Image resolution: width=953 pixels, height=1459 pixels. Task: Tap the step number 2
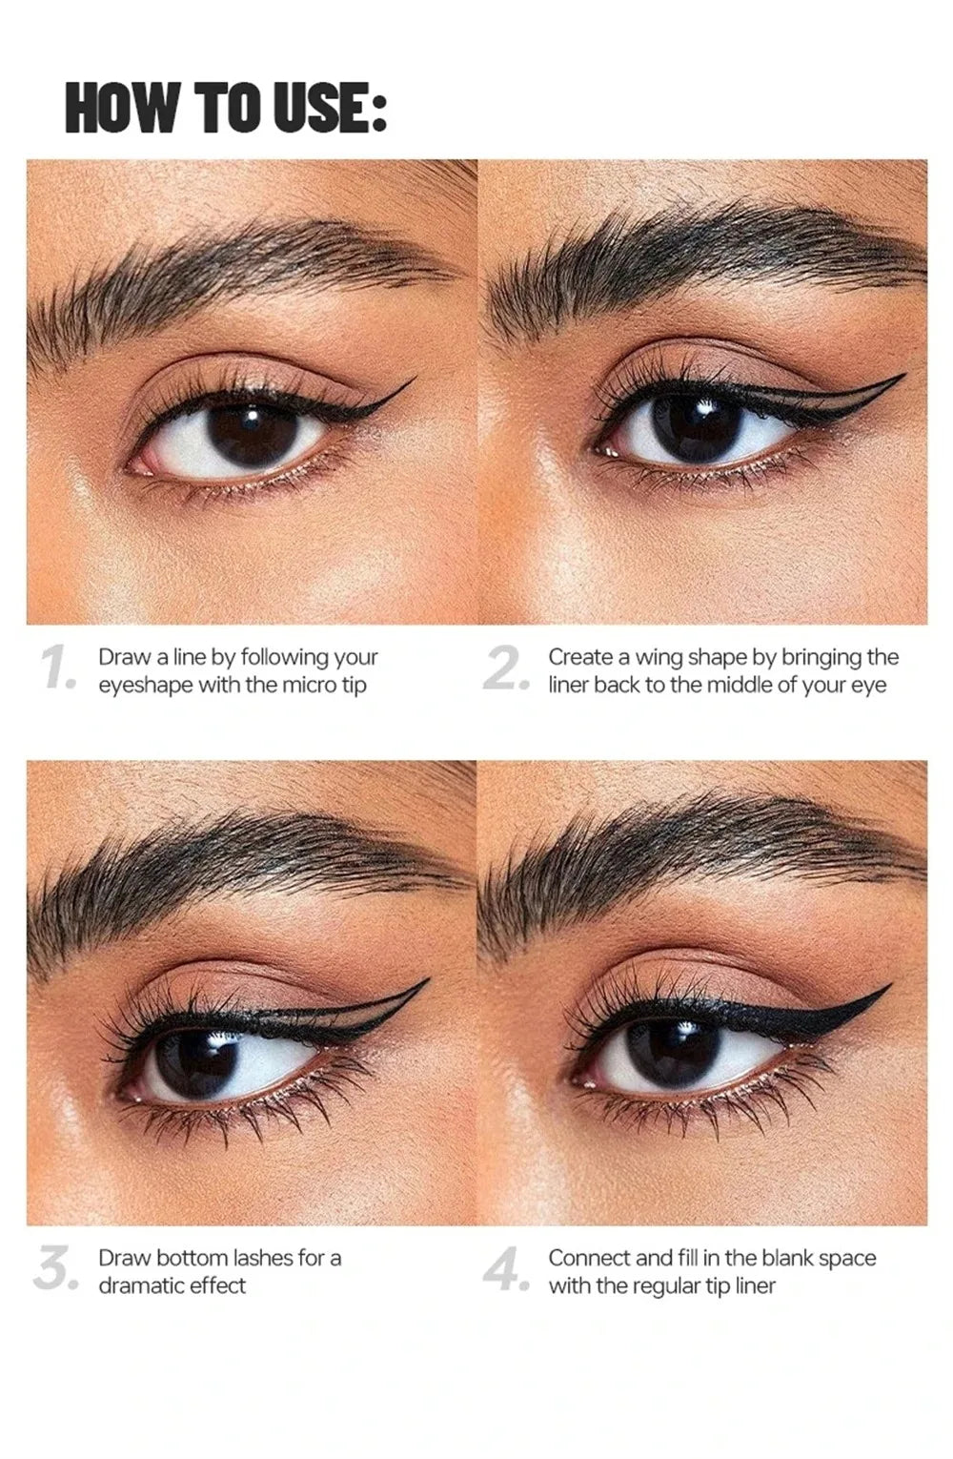point(505,668)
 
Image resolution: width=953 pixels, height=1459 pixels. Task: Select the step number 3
point(53,1270)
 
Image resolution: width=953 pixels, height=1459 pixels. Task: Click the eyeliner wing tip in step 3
point(427,980)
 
